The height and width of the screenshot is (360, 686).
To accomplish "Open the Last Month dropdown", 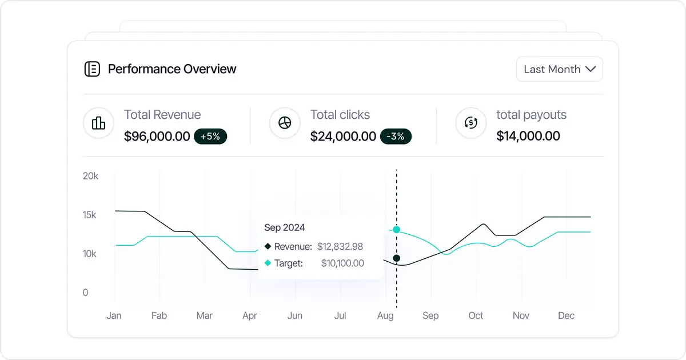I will coord(559,69).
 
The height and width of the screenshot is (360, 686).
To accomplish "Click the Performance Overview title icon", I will coord(92,69).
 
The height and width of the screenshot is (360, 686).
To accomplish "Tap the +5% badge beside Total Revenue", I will coord(210,137).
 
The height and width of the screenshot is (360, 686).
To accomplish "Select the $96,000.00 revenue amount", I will coord(157,137).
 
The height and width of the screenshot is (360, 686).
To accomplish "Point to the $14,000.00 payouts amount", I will coord(528,136).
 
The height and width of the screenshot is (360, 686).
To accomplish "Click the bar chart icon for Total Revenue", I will coord(98,123).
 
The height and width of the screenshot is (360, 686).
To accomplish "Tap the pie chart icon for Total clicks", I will coord(285,123).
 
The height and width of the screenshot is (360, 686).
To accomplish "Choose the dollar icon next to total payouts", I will coord(470,123).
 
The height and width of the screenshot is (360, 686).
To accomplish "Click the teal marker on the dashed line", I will coord(397,230).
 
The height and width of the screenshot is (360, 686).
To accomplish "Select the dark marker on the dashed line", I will coord(397,258).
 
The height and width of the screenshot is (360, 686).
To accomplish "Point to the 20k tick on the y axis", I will coord(90,176).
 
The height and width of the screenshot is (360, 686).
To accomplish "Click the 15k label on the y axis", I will coord(89,215).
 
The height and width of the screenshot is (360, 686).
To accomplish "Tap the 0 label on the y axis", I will coord(86,293).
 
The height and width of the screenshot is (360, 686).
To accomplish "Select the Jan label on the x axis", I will coord(114,315).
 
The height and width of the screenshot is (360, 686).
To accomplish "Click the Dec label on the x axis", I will coord(566,315).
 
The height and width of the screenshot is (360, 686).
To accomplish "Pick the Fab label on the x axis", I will coord(159,315).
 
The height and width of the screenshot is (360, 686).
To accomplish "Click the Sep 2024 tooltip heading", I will coord(285,227).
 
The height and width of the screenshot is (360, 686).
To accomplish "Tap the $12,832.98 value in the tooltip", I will coord(341,247).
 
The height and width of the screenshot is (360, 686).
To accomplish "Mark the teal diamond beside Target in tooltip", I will coord(268,263).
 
